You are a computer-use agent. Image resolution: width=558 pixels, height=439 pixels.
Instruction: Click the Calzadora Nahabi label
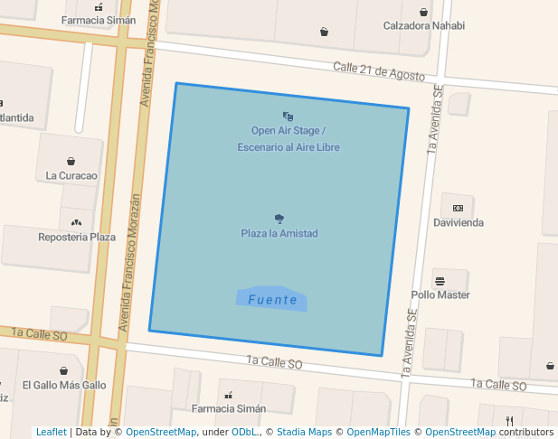click(x=423, y=26)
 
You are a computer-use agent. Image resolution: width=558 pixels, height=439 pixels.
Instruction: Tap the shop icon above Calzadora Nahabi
click(x=424, y=12)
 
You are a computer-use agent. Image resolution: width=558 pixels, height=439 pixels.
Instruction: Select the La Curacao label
click(x=71, y=175)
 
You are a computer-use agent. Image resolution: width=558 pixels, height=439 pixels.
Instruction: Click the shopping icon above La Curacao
click(x=71, y=161)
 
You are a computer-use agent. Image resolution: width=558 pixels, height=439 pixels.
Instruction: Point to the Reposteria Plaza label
click(x=77, y=237)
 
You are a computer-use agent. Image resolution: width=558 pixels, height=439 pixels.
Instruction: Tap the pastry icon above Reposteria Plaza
click(x=76, y=221)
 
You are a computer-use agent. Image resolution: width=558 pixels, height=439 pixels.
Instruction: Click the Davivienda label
click(x=458, y=222)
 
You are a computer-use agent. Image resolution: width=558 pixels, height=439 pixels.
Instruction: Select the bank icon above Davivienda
click(x=458, y=207)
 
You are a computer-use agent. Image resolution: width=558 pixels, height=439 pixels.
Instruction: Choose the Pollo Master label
click(x=440, y=294)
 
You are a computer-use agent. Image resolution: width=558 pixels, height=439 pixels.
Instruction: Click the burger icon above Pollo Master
click(x=440, y=280)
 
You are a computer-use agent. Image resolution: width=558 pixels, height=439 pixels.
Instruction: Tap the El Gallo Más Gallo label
click(x=64, y=385)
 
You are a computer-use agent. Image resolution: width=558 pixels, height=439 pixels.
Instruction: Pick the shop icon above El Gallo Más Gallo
click(x=63, y=370)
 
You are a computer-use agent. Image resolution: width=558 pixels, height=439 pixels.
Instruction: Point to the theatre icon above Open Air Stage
click(x=288, y=116)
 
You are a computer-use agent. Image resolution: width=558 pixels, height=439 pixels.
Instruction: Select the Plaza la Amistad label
click(x=279, y=233)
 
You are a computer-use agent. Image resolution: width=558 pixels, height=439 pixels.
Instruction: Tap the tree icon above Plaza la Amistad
click(x=279, y=218)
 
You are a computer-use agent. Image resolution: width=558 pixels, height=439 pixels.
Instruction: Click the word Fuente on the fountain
click(x=272, y=300)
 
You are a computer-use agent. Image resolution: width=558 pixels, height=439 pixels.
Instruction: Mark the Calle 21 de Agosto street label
click(x=378, y=71)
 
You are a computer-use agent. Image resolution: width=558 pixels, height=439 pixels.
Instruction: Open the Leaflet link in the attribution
click(x=51, y=433)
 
